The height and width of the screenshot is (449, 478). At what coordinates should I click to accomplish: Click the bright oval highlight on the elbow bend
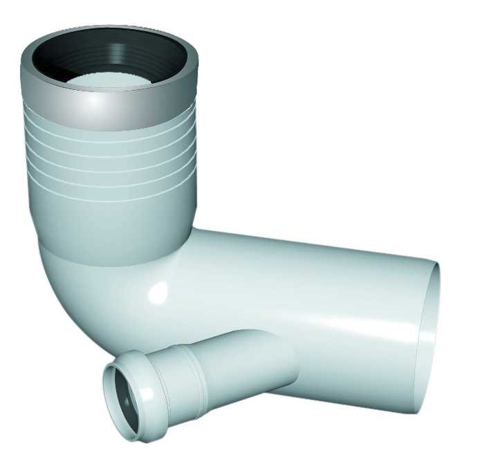pos(158,291)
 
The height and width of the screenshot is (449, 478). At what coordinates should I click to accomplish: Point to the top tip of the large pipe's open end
pos(436,262)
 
